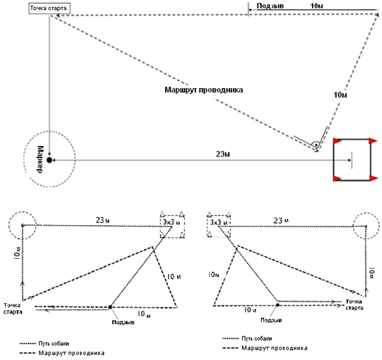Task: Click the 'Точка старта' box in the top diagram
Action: point(49,8)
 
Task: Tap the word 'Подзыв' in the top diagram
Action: point(270,6)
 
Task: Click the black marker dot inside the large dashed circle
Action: point(50,160)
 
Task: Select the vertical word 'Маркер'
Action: point(40,159)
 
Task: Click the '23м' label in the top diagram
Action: point(223,154)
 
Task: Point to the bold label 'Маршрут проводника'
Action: point(204,89)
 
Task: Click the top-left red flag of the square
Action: point(337,141)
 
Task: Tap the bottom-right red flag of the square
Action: point(373,178)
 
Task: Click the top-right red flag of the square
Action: point(373,141)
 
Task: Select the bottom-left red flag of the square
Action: point(337,179)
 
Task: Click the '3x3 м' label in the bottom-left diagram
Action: point(171,222)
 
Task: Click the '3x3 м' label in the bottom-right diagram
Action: point(219,222)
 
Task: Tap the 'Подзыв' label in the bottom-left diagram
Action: point(123,322)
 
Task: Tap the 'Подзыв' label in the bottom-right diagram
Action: point(271,320)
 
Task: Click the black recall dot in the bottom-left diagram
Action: point(110,307)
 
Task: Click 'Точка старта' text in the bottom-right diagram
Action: point(355,305)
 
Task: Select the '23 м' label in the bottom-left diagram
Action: point(103,220)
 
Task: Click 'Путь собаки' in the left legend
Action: point(54,343)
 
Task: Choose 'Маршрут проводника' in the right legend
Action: point(274,348)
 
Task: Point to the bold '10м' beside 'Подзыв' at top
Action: point(317,6)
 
